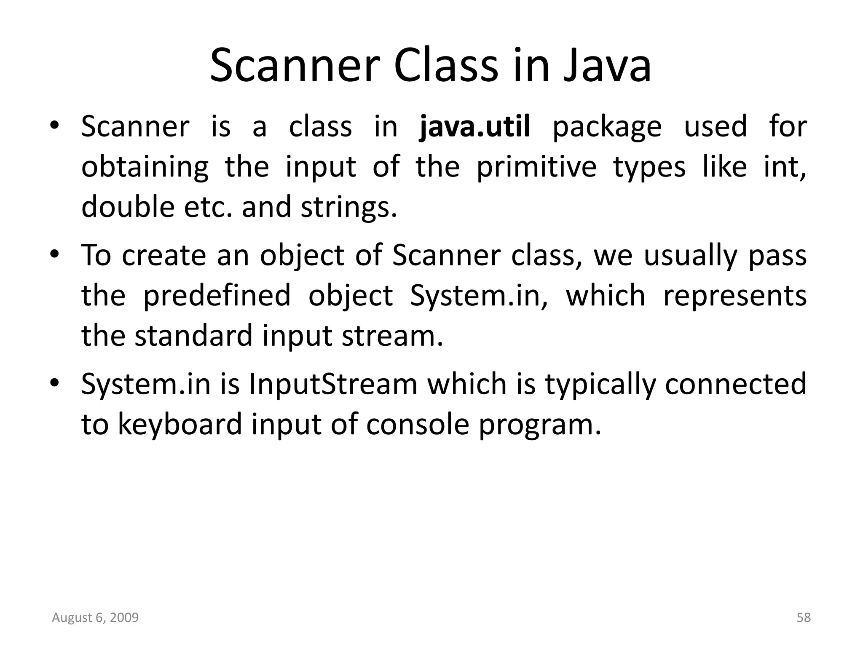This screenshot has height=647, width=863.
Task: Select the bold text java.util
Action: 475,126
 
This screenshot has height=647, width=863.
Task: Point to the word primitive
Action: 536,167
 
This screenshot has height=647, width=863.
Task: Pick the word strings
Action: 348,208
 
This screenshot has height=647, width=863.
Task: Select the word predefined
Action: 217,296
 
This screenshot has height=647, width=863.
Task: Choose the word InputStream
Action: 333,384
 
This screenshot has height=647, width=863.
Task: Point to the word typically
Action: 600,385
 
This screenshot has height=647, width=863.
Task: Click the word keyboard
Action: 180,424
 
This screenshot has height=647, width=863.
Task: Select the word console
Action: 417,424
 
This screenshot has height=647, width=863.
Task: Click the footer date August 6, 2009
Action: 95,618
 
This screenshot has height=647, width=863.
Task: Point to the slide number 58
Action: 804,618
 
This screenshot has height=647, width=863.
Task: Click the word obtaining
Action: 145,167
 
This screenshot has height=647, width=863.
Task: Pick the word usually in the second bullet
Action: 691,256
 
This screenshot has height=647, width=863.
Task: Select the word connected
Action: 735,384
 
